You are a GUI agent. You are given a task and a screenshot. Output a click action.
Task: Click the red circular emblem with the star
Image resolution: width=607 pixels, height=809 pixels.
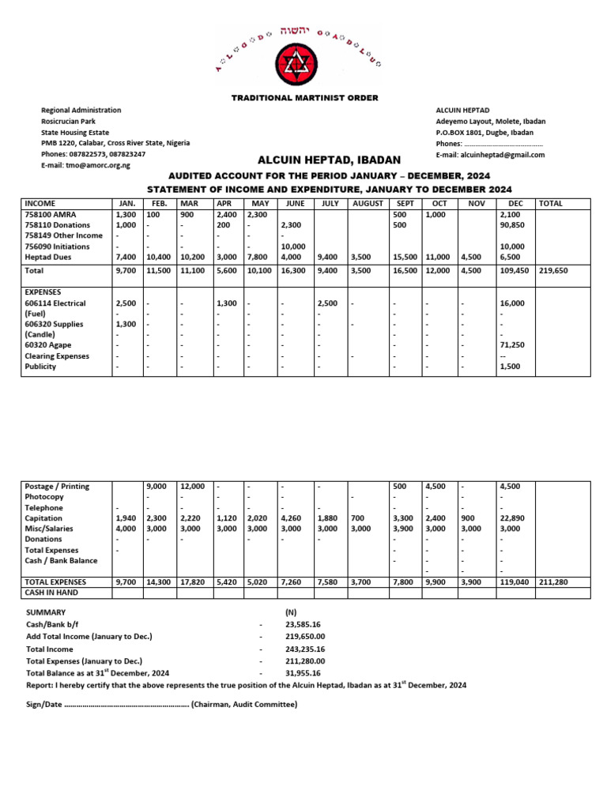(303, 62)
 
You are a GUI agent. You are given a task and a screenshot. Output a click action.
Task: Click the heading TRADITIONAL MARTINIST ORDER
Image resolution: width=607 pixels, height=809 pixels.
(304, 98)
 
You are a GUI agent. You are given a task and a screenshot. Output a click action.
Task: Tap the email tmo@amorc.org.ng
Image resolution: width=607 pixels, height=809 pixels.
(99, 165)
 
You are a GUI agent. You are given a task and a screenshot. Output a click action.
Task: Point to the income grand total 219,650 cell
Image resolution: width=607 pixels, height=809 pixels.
(554, 270)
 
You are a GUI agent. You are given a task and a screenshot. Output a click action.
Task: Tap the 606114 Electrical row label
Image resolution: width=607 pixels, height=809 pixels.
(55, 303)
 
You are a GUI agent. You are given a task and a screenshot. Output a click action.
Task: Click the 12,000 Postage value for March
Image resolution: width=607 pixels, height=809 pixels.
(193, 487)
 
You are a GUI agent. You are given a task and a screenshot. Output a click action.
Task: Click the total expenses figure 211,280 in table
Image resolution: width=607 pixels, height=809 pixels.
(554, 581)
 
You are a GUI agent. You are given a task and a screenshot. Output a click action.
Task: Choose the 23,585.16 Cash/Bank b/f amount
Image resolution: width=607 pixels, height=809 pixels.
(303, 624)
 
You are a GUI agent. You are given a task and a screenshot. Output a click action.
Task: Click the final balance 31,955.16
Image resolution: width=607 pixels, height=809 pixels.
(303, 673)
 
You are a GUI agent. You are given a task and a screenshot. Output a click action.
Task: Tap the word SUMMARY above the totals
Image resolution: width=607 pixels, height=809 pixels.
(46, 612)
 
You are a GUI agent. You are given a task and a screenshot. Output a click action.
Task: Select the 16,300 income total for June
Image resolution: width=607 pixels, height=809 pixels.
(294, 270)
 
